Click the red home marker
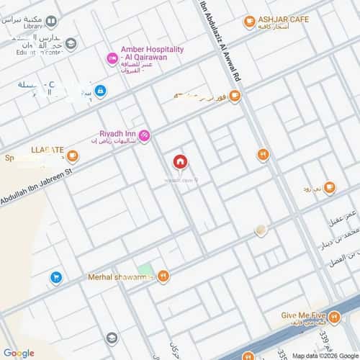pyautogui.click(x=179, y=162)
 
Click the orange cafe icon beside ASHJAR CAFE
pyautogui.click(x=250, y=22)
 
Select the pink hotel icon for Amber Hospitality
pyautogui.click(x=112, y=58)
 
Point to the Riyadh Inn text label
pyautogui.click(x=117, y=133)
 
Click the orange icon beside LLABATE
pyautogui.click(x=73, y=154)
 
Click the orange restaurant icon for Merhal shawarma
pyautogui.click(x=164, y=275)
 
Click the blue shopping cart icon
pyautogui.click(x=55, y=276)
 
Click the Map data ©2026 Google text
pyautogui.click(x=323, y=355)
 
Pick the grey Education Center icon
pyautogui.click(x=71, y=43)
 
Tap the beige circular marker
pyautogui.click(x=261, y=230)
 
